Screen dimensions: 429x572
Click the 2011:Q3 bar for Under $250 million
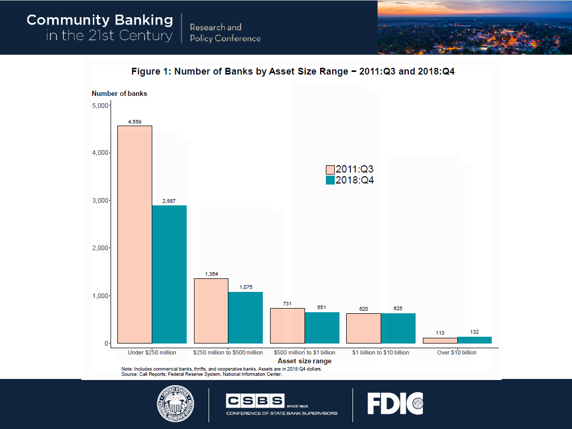click(x=135, y=234)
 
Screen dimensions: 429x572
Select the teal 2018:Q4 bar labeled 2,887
click(x=169, y=274)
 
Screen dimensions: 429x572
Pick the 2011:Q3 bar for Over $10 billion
click(x=440, y=340)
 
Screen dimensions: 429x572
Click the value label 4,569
click(x=135, y=122)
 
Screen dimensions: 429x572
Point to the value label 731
click(x=287, y=304)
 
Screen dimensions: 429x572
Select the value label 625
click(x=398, y=309)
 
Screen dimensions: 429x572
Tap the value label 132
click(x=474, y=332)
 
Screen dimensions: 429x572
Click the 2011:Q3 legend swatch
click(x=330, y=170)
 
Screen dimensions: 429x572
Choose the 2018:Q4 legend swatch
click(x=330, y=180)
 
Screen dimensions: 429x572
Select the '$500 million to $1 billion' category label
click(x=305, y=352)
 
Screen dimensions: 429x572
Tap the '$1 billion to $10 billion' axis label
click(x=380, y=352)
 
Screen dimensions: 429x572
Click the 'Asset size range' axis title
click(x=305, y=361)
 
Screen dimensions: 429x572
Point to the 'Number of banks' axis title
click(x=119, y=94)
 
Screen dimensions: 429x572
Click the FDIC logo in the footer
click(x=395, y=403)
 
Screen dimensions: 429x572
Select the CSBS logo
click(x=282, y=404)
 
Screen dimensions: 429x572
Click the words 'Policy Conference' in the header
click(x=225, y=39)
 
